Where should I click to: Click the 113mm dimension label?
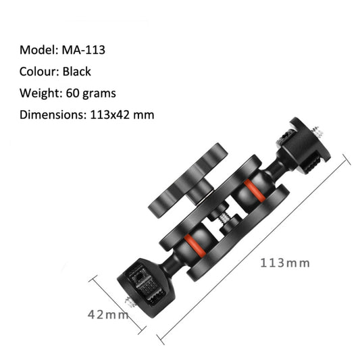pos(284,263)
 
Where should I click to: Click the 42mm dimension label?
pos(108,314)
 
